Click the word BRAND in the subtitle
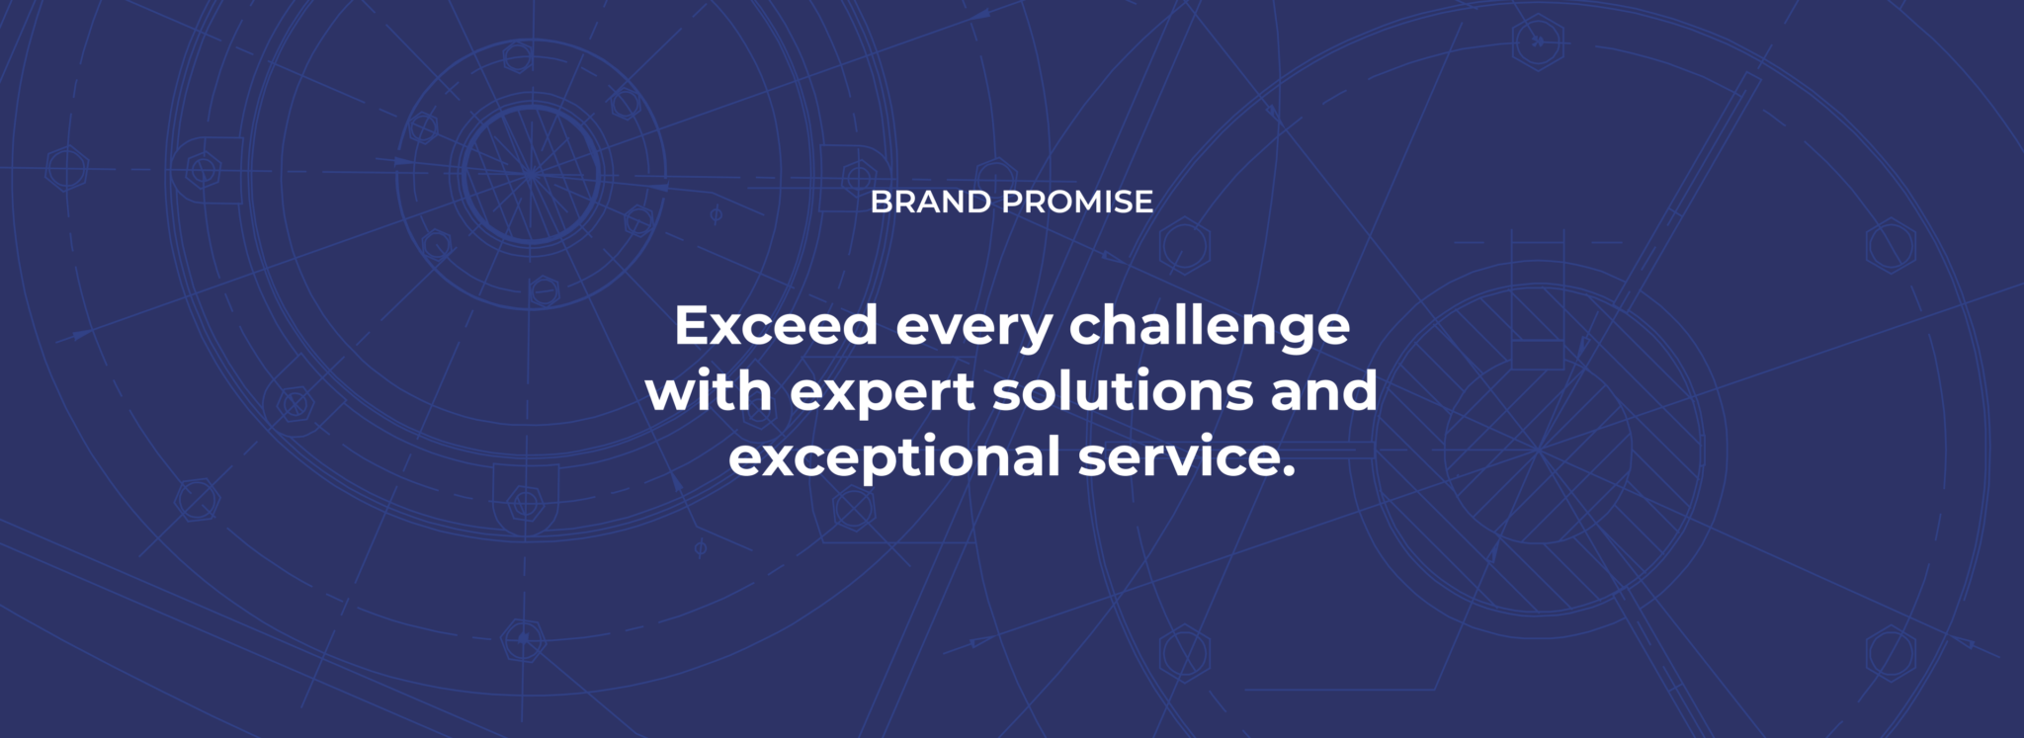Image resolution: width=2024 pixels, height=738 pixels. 930,202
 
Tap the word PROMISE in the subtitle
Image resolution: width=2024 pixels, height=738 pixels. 1076,202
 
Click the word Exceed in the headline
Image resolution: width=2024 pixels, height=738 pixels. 776,325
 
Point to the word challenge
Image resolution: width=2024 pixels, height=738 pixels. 1209,327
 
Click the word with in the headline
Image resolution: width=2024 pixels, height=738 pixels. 709,391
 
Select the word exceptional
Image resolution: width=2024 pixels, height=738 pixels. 894,458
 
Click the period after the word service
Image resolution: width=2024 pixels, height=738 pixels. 1287,471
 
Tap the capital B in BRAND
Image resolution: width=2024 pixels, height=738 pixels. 881,202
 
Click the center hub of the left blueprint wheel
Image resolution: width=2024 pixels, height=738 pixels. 531,175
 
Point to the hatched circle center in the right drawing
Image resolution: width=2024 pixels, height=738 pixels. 1538,450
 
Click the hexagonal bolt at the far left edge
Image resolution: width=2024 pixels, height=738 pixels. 66,169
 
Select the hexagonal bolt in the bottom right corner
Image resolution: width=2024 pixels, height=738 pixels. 1890,654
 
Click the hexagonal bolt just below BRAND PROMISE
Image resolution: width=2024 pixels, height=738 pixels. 1185,245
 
